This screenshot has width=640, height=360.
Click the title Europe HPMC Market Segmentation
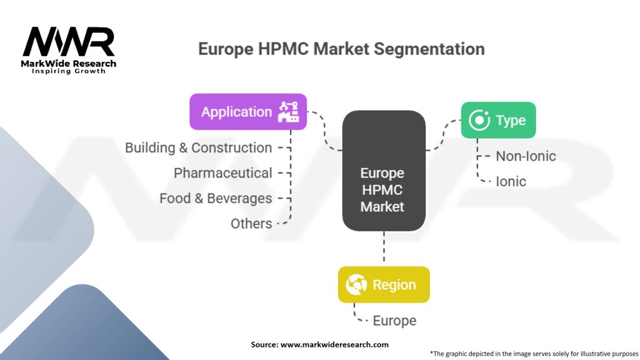pyautogui.click(x=341, y=49)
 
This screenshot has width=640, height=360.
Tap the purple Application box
pyautogui.click(x=247, y=112)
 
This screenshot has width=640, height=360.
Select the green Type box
pyautogui.click(x=498, y=120)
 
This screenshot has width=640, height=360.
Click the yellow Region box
pyautogui.click(x=384, y=285)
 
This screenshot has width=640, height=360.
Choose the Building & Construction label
pyautogui.click(x=198, y=148)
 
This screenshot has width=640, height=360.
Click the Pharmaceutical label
pyautogui.click(x=222, y=173)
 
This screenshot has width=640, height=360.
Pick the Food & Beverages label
pyautogui.click(x=216, y=199)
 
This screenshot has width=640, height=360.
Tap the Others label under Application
pyautogui.click(x=251, y=224)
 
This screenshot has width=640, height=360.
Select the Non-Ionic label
pyautogui.click(x=526, y=156)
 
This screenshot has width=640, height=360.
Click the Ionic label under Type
pyautogui.click(x=511, y=182)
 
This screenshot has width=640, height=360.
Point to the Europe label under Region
pyautogui.click(x=394, y=321)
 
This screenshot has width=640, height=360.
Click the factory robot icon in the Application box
pyautogui.click(x=289, y=111)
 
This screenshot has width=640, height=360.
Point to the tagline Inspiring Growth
pyautogui.click(x=69, y=71)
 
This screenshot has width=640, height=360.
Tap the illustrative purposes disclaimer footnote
pyautogui.click(x=534, y=353)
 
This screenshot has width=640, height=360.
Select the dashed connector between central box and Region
pyautogui.click(x=383, y=248)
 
